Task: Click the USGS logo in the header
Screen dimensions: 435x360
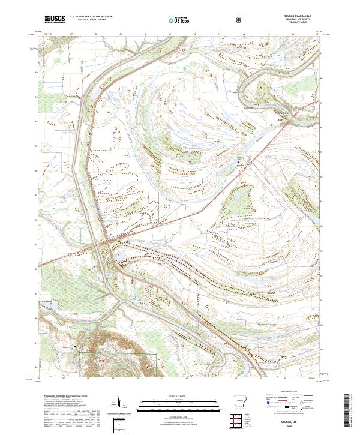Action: pos(55,20)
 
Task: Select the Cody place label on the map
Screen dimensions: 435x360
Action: pos(280,119)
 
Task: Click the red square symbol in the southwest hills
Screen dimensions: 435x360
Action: pos(100,361)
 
